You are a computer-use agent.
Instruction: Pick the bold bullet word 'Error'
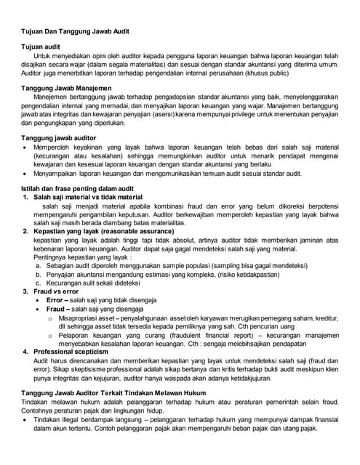tap(56, 299)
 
